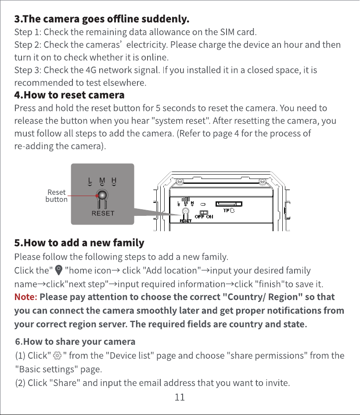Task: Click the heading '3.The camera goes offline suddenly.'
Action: click(102, 19)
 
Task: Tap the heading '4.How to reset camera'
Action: click(69, 95)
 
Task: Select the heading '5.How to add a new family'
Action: click(79, 243)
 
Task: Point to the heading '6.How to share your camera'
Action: click(75, 342)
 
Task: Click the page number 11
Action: click(180, 397)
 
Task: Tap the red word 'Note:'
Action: click(26, 297)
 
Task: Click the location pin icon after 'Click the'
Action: click(58, 270)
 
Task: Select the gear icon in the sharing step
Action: click(57, 355)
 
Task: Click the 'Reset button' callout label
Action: click(57, 196)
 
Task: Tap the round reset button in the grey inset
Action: click(102, 195)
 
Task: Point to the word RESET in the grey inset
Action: click(103, 213)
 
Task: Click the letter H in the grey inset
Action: click(114, 180)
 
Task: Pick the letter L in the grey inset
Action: click(90, 180)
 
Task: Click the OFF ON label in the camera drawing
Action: click(204, 217)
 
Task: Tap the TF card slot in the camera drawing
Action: click(229, 204)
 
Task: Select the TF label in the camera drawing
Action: click(227, 211)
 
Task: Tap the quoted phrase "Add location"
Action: click(172, 271)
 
